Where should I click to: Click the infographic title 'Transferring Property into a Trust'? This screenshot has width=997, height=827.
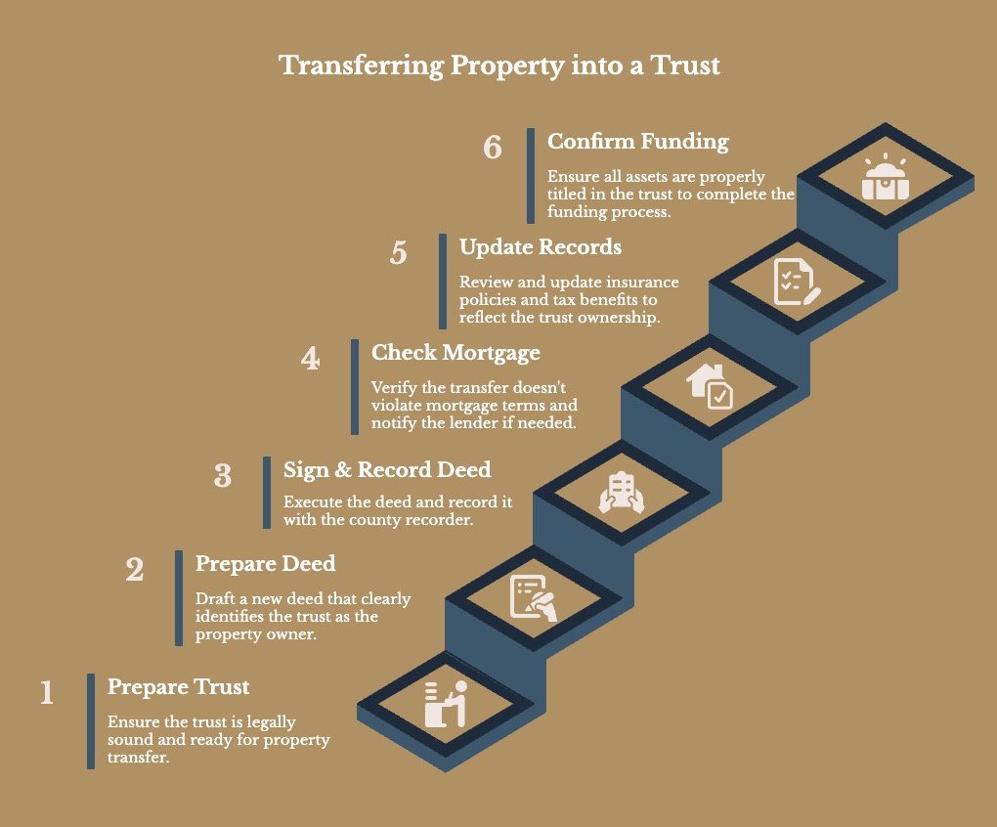pos(498,66)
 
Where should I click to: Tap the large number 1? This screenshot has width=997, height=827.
pos(47,693)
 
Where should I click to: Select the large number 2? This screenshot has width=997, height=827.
pos(135,570)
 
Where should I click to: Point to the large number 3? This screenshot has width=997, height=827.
pos(223,476)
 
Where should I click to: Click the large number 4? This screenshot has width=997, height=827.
pos(311,359)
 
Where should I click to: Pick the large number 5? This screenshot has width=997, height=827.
pos(398,252)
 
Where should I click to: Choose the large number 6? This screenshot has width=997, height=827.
pos(493,148)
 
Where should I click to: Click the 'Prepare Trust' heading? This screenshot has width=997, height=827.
pos(179,686)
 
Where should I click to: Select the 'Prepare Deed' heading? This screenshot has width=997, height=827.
pos(266,563)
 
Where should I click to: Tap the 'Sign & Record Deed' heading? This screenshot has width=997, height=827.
pos(387,469)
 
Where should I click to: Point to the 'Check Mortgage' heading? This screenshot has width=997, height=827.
pos(455,352)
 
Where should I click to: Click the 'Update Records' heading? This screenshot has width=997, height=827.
pos(541,246)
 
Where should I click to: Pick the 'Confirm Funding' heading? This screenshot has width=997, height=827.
pos(638,141)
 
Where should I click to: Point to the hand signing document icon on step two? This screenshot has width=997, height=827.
pos(534,598)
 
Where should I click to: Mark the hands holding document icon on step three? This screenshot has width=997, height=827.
pos(622,493)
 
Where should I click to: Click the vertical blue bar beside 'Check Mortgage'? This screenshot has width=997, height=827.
pos(355,387)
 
